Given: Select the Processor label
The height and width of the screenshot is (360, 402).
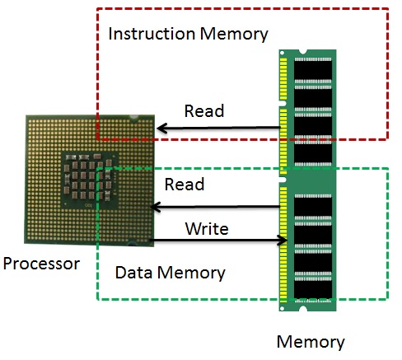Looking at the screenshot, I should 41,264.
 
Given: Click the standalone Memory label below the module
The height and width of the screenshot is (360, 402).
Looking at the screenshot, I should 310,342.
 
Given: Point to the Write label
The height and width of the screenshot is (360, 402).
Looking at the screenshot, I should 206,227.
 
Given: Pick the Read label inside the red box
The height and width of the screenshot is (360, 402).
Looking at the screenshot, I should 203,111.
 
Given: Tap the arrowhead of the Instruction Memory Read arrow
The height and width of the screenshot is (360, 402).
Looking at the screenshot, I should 162,128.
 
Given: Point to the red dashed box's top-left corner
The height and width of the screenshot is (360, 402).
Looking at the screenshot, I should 97,10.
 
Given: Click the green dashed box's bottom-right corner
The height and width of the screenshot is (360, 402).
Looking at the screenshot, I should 387,299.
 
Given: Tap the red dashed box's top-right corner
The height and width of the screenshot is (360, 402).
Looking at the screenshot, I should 387,10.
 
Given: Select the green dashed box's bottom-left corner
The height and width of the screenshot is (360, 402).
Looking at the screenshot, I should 98,299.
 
